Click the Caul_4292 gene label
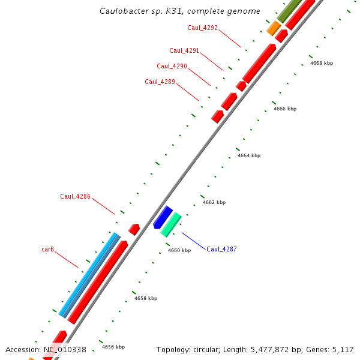tap(202, 28)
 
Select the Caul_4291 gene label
tap(184, 50)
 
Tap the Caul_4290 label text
tap(172, 66)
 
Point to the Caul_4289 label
tap(160, 82)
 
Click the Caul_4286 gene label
tap(75, 196)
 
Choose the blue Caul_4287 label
tap(221, 249)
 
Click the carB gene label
tap(48, 248)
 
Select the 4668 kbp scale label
tap(321, 63)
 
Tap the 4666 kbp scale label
tap(284, 109)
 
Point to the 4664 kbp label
tap(248, 155)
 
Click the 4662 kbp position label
tap(214, 202)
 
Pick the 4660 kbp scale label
tap(179, 250)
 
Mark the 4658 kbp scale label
tap(145, 298)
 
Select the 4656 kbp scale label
tap(113, 347)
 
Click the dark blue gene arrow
tap(162, 217)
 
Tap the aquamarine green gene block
tap(171, 224)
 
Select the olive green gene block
tap(290, 10)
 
